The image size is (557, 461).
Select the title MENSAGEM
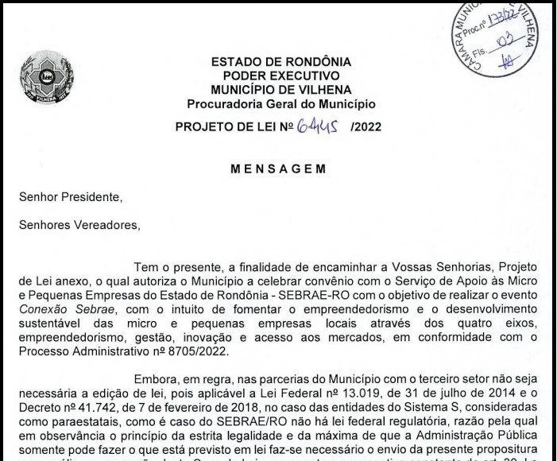277,169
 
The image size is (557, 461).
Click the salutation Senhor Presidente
71,196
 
